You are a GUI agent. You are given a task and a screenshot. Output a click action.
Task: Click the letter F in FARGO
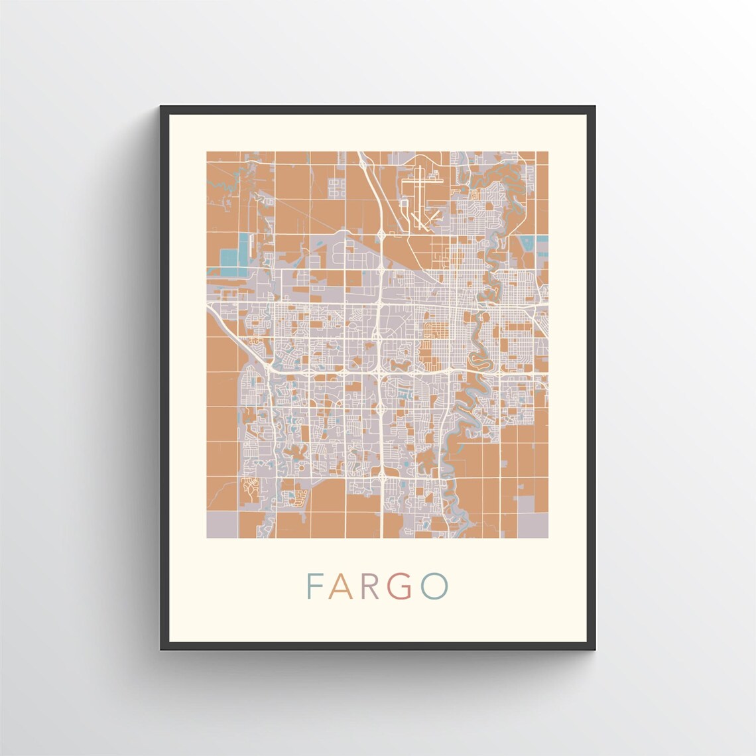[x=314, y=585]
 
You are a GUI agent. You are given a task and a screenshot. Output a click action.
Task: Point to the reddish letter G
[x=406, y=585]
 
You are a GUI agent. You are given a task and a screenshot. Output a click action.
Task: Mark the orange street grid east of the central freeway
[x=434, y=330]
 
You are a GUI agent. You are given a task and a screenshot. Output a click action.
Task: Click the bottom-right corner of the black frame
[x=594, y=649]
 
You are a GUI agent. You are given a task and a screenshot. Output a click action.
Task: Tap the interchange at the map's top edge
[x=363, y=159]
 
